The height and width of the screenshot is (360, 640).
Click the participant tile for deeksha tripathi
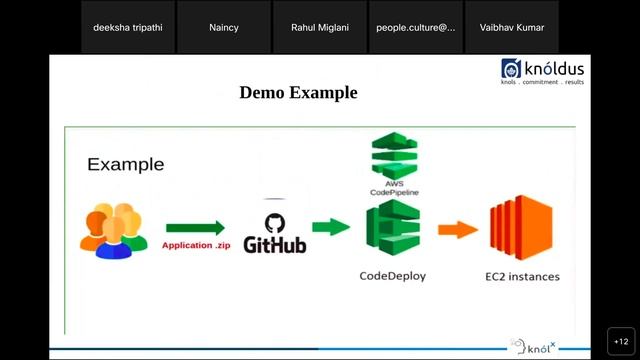pos(127,27)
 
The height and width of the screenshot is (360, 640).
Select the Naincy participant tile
pos(223,27)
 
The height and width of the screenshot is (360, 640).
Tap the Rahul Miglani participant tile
pos(319,27)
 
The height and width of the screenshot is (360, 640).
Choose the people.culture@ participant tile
pos(415,27)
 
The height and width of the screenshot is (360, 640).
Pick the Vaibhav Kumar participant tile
pos(511,27)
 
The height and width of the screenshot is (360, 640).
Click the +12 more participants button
pos(620,340)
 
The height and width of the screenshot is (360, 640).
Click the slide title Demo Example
pos(298,93)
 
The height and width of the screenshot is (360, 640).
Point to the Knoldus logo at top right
pos(543,71)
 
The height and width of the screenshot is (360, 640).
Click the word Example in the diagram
pos(125,164)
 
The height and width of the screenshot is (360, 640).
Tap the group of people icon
pos(106,231)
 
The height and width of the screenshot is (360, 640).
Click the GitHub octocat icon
pos(273,223)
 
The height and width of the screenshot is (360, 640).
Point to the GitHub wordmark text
pos(275,245)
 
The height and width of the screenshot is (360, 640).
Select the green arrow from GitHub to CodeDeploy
pos(331,227)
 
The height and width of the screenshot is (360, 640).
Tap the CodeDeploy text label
pos(392,276)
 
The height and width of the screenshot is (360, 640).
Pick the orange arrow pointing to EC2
pos(458,229)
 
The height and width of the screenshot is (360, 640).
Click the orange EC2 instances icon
pos(520,228)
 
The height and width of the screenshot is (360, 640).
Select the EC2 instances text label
pos(521,276)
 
